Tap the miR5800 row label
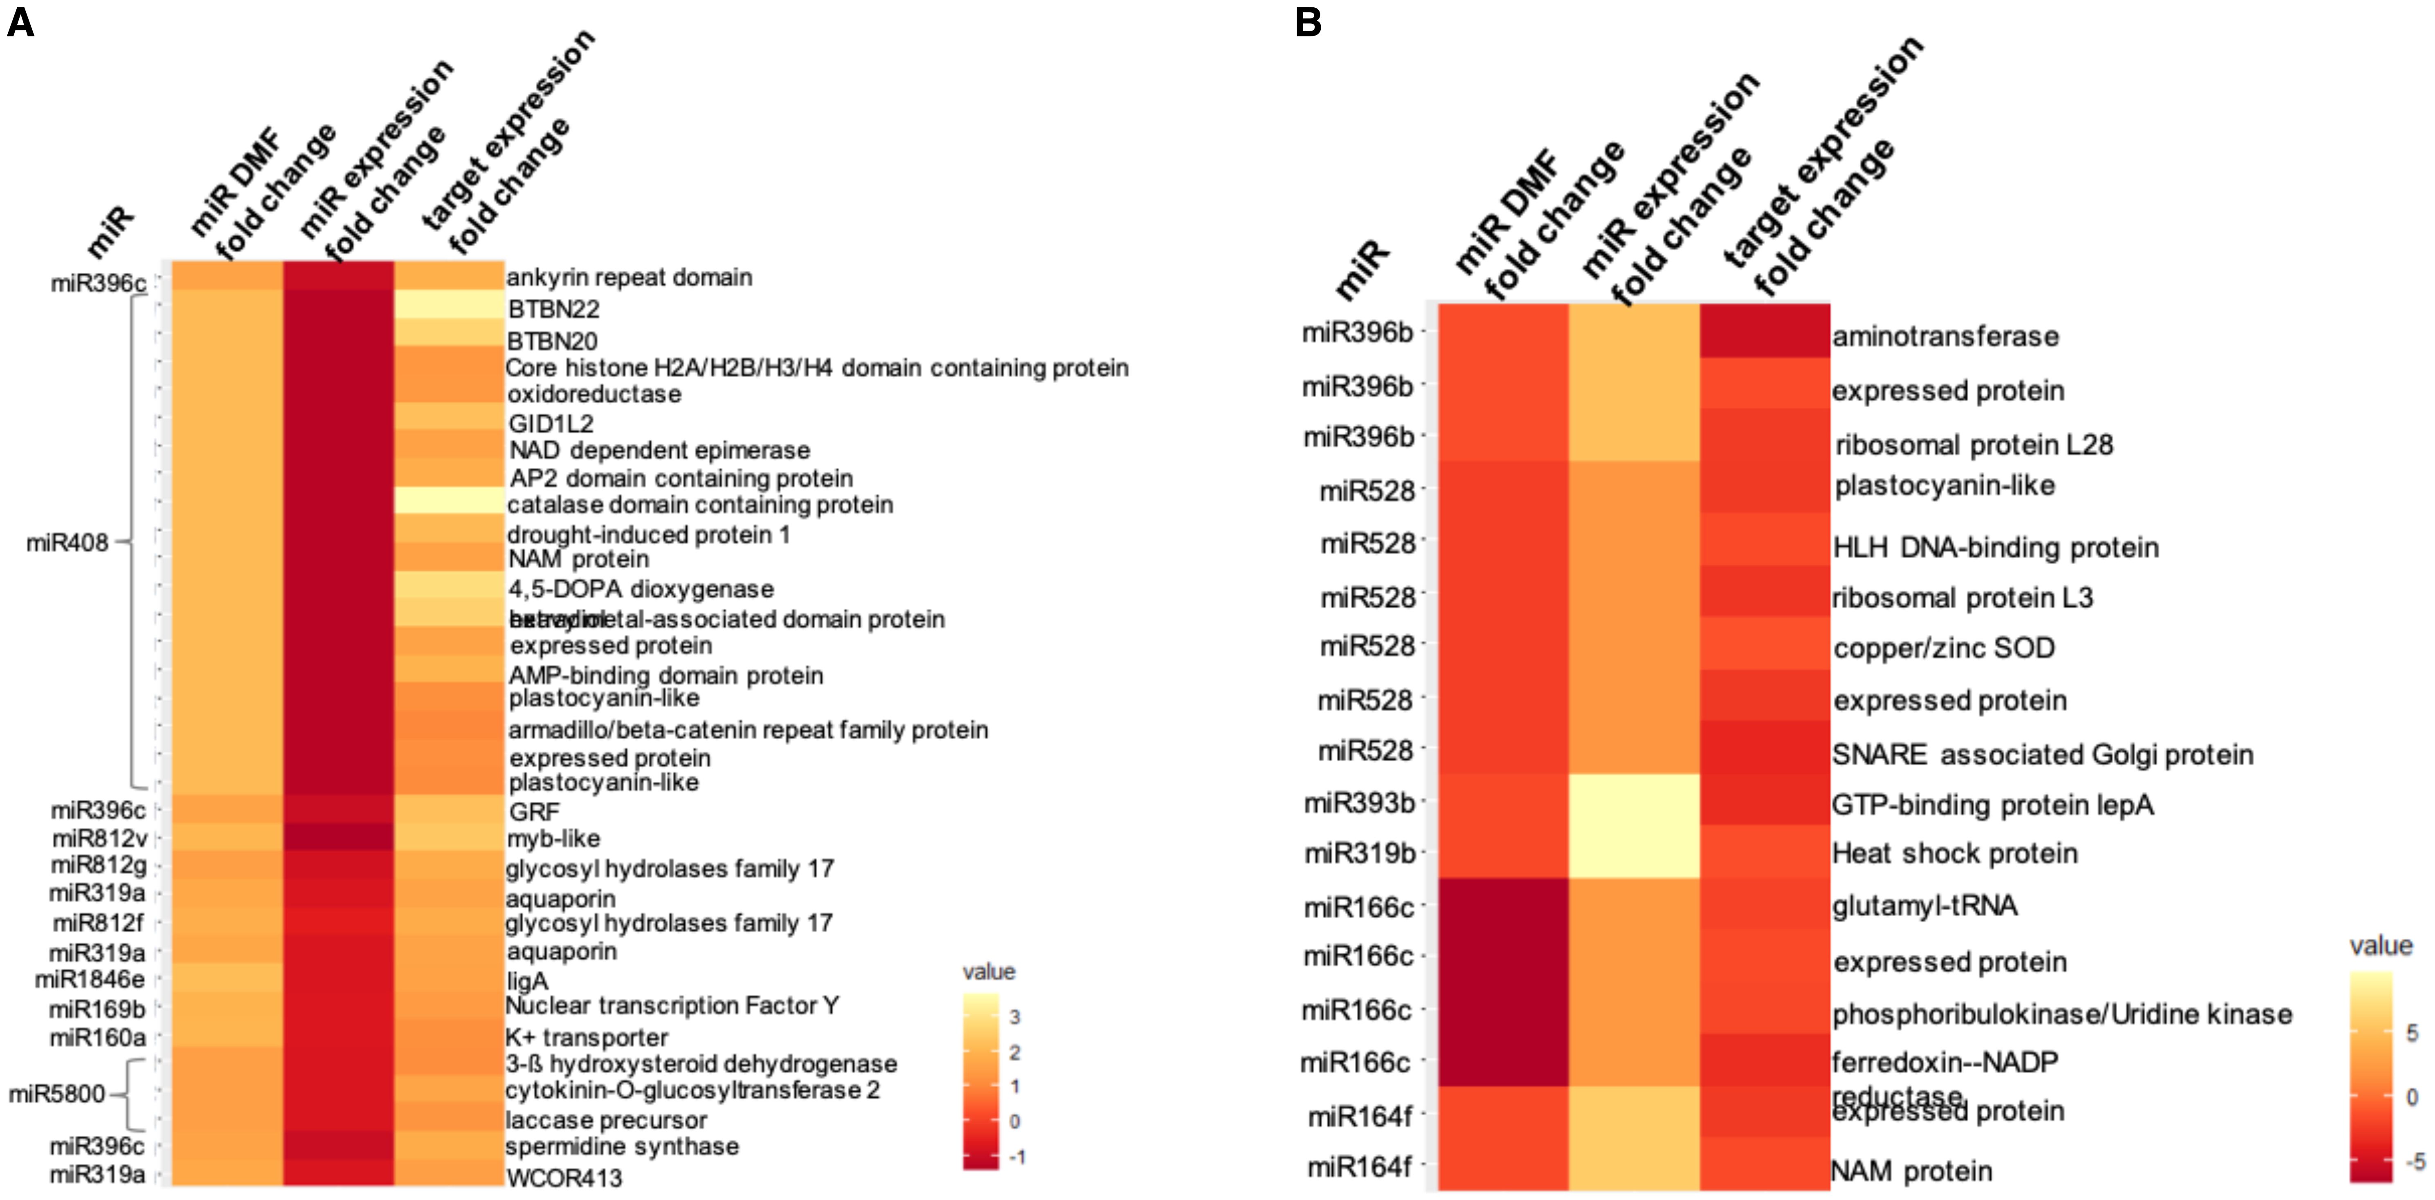pos(57,1094)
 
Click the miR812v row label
pos(99,838)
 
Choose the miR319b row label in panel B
pos(1359,853)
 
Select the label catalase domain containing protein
pos(699,505)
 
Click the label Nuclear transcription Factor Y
pos(672,1005)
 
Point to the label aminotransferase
pos(1945,336)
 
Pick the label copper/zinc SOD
pos(1943,648)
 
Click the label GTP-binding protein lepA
pos(1992,805)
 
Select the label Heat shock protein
pos(1955,853)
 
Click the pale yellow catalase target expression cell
pos(449,501)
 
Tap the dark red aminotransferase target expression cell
pos(1764,331)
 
